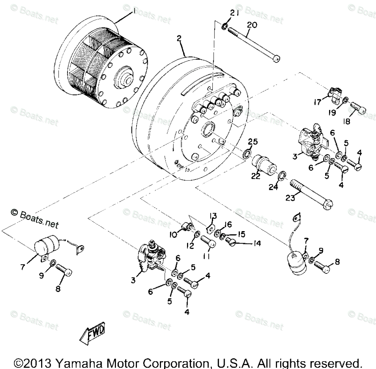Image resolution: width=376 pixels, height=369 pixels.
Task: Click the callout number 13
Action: tap(213, 216)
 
